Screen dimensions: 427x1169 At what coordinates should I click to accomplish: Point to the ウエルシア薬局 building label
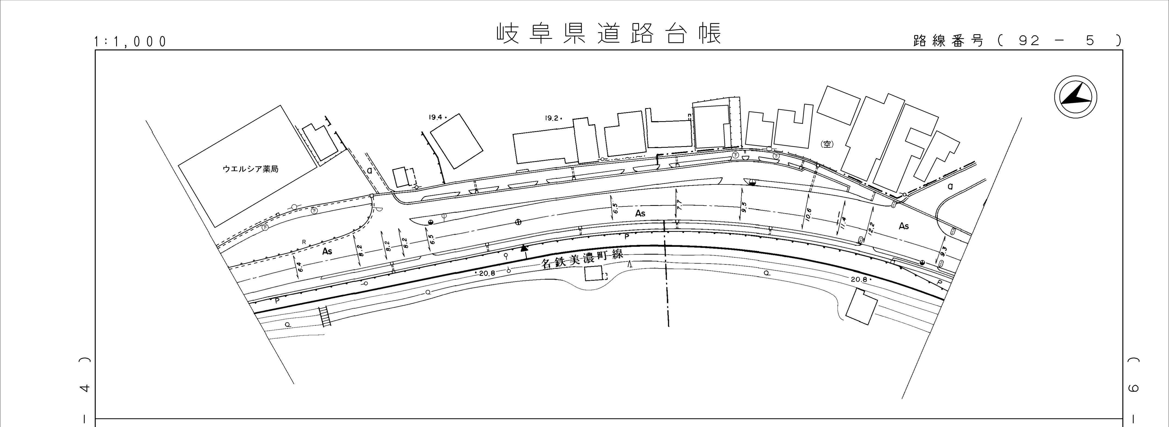coord(250,169)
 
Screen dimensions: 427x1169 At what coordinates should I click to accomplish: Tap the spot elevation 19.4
coord(436,117)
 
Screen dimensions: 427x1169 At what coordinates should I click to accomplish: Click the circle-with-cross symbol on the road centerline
coord(518,222)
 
